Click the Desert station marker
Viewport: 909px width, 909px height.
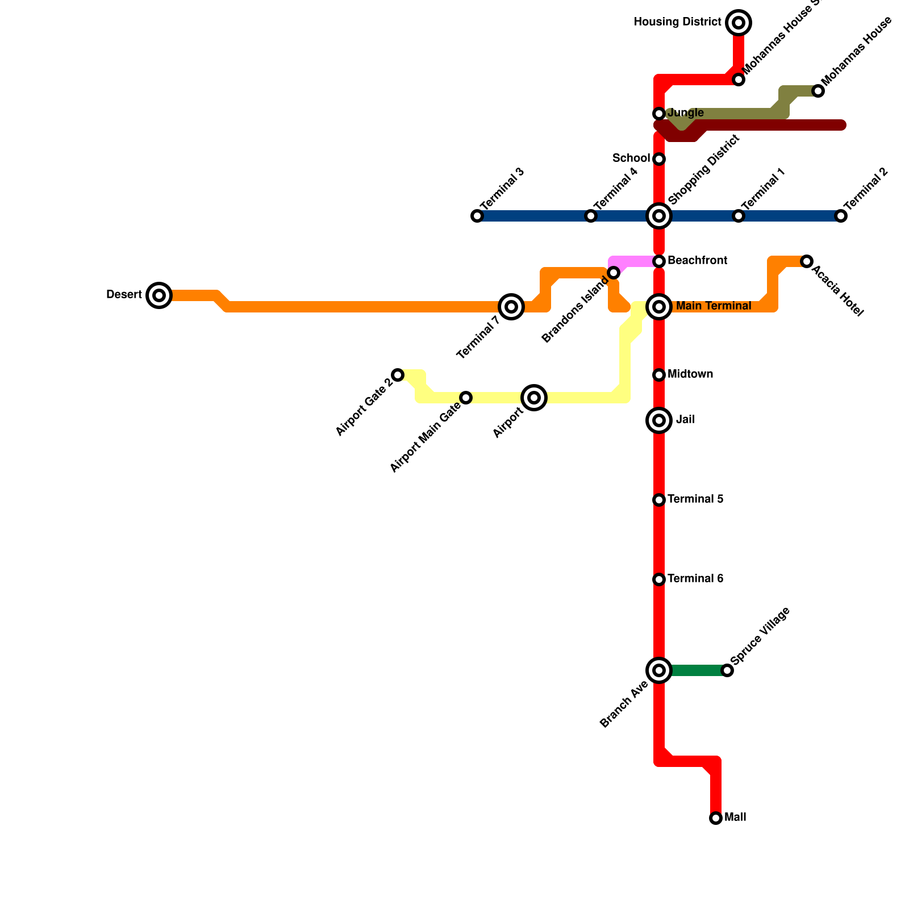(x=159, y=295)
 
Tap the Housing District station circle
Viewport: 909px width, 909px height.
(x=739, y=23)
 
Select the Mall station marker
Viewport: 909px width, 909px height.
(x=716, y=818)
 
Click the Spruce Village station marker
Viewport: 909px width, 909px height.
(x=727, y=670)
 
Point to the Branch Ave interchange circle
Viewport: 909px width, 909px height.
(x=659, y=670)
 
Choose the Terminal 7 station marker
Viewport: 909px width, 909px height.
(x=511, y=307)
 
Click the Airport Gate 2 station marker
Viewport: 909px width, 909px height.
(x=398, y=375)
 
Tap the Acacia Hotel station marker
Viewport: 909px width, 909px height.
(x=807, y=261)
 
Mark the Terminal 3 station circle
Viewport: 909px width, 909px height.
(x=477, y=216)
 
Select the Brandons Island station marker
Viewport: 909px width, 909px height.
(x=614, y=273)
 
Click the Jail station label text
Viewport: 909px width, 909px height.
(x=685, y=420)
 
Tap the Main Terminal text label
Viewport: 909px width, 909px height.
(x=714, y=306)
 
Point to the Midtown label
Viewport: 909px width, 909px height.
(x=690, y=374)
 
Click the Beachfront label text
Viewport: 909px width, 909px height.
(x=697, y=261)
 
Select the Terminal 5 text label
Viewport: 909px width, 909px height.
(x=695, y=499)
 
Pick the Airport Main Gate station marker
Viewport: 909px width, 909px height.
(x=466, y=398)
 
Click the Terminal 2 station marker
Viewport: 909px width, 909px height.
(x=841, y=216)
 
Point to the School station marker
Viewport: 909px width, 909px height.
(x=659, y=159)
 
